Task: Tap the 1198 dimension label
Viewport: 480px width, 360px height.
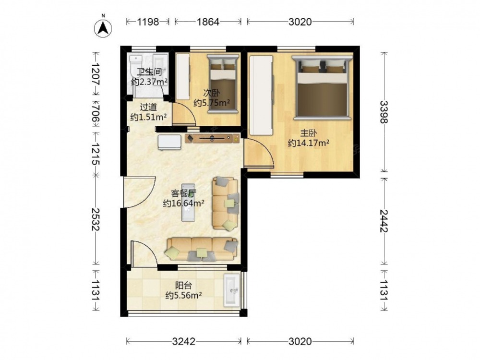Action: pyautogui.click(x=148, y=22)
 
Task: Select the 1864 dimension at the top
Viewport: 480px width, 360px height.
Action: pyautogui.click(x=208, y=22)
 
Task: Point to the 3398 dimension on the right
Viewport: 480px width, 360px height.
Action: pyautogui.click(x=384, y=112)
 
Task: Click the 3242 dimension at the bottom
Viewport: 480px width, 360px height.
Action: pyautogui.click(x=183, y=341)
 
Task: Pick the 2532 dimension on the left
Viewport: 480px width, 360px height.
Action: pyautogui.click(x=96, y=219)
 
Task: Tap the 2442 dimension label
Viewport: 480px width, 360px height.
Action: pyautogui.click(x=384, y=221)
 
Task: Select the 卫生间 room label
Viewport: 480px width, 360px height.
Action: pyautogui.click(x=149, y=72)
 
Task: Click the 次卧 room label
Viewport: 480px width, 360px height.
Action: pyautogui.click(x=211, y=93)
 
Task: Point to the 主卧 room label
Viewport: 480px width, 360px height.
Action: pyautogui.click(x=308, y=133)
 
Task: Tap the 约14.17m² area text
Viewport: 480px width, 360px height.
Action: pyautogui.click(x=309, y=143)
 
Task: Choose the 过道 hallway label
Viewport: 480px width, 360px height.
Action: pyautogui.click(x=148, y=107)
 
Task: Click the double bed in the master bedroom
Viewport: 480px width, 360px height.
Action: pyautogui.click(x=322, y=87)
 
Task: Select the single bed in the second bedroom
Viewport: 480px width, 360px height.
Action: pyautogui.click(x=223, y=84)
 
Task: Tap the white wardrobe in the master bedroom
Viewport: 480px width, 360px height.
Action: pyautogui.click(x=261, y=95)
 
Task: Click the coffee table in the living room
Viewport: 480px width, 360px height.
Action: pyautogui.click(x=188, y=203)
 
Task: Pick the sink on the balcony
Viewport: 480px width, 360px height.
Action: pyautogui.click(x=232, y=290)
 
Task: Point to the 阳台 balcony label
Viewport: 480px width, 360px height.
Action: pyautogui.click(x=183, y=286)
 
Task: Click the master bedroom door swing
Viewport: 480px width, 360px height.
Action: pyautogui.click(x=259, y=153)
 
